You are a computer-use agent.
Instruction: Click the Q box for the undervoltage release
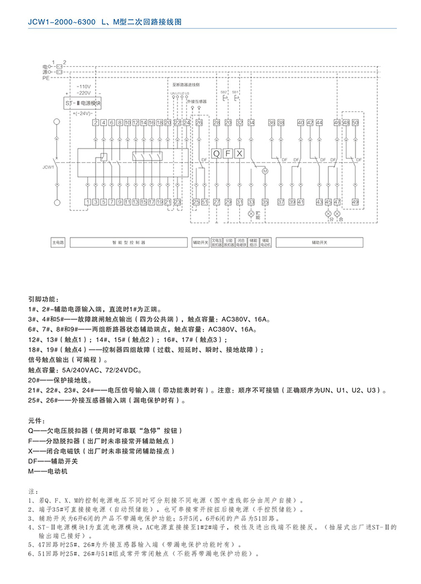click(217, 153)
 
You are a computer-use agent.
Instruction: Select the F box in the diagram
click(228, 153)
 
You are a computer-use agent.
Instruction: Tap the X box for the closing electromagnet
click(239, 153)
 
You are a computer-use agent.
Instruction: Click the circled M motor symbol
click(263, 171)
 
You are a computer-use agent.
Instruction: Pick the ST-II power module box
click(82, 103)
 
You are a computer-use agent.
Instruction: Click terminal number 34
click(251, 123)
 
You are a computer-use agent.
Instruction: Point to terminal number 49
click(355, 201)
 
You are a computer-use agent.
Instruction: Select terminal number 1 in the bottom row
click(87, 201)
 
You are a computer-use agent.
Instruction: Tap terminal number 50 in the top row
click(355, 123)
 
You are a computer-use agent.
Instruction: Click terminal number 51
click(204, 201)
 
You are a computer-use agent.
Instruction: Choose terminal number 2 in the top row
click(95, 123)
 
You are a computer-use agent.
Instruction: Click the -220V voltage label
click(84, 93)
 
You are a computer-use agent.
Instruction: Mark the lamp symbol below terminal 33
click(251, 213)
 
